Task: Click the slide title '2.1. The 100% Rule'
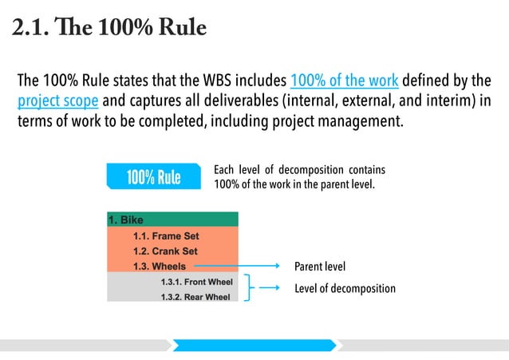[109, 29]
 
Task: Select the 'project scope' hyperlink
[58, 101]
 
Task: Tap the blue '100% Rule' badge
[153, 176]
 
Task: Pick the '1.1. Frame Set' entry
[165, 236]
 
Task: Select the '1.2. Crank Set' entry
[165, 251]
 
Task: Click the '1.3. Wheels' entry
[159, 267]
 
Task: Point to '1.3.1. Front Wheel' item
[195, 282]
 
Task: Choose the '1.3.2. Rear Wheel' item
[195, 297]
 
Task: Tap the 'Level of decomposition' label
[345, 288]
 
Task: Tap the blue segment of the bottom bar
[254, 345]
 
